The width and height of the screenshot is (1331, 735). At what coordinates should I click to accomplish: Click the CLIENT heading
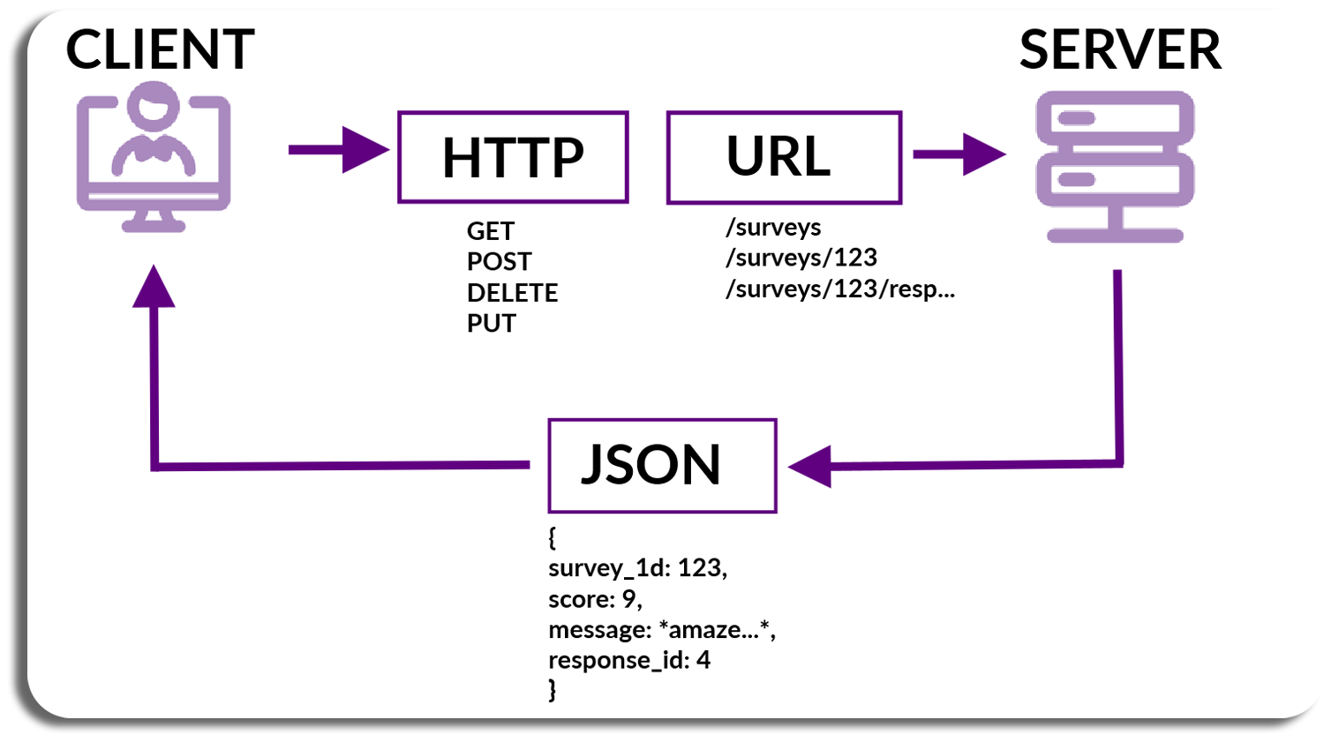coord(160,49)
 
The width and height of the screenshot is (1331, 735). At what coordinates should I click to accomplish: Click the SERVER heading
coord(1120,49)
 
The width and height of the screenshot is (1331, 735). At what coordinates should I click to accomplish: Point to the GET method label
coord(490,231)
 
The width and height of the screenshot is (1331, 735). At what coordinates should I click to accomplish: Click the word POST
coord(500,261)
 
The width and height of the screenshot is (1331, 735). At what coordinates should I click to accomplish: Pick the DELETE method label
coord(512,292)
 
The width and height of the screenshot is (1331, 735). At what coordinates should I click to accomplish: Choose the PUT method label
coord(492,323)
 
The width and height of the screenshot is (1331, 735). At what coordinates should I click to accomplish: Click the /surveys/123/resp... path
coord(840,289)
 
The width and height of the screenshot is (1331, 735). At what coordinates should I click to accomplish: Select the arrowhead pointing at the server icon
coord(984,154)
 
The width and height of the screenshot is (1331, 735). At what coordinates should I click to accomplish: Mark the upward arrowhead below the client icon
coord(154,287)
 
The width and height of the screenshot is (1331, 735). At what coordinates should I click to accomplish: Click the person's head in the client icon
coord(154,107)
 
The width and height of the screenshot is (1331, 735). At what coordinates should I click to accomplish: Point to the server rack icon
coord(1115,167)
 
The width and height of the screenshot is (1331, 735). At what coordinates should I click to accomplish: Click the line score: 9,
coord(596,599)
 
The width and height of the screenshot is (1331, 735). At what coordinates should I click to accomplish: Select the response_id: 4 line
coord(629,660)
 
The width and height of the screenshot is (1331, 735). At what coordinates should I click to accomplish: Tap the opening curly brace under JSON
coord(552,537)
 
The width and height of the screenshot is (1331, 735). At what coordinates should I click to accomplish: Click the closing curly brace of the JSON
coord(552,690)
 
